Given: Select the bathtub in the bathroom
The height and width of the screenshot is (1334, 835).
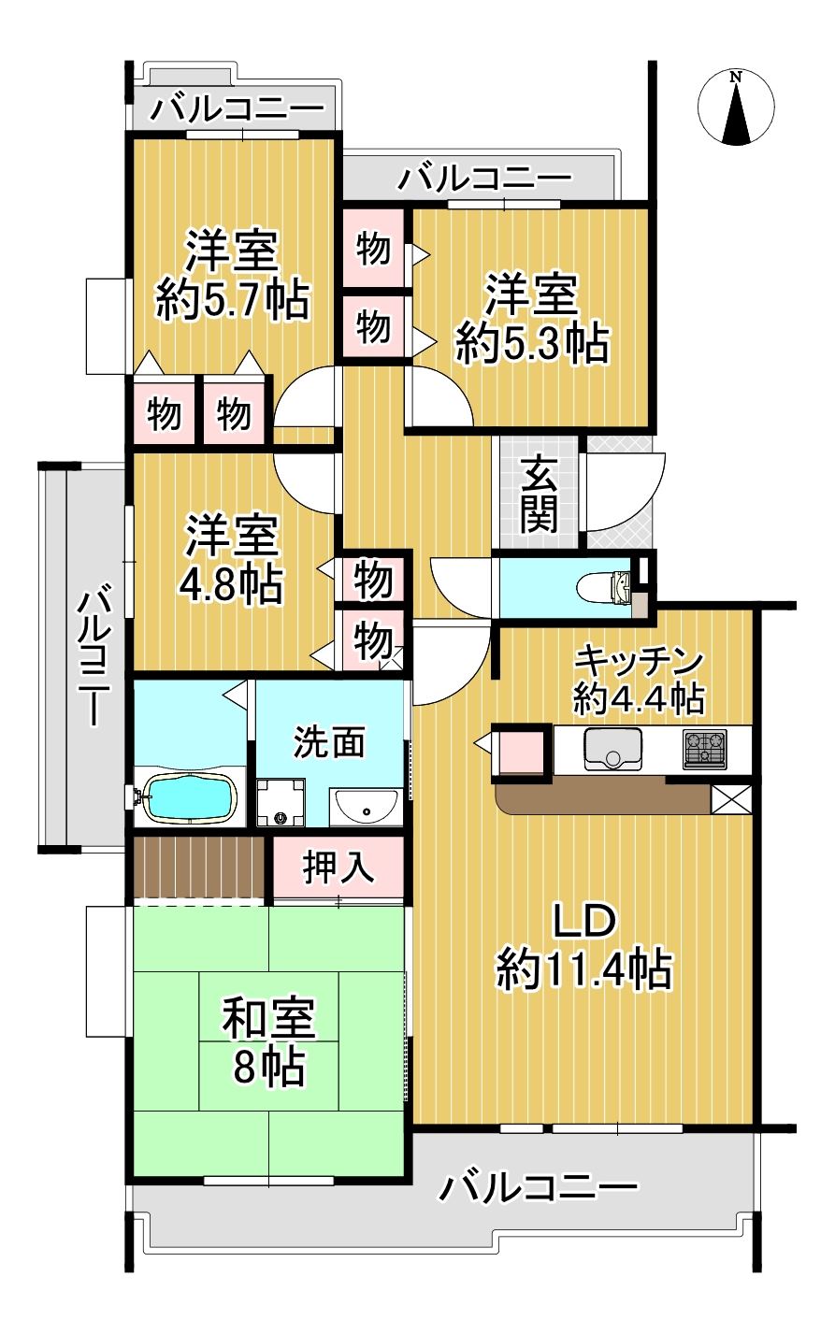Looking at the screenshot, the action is pyautogui.click(x=192, y=797).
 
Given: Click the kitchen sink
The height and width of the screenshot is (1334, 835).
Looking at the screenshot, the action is pyautogui.click(x=612, y=749).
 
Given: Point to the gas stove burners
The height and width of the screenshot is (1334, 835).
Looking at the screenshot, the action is pyautogui.click(x=705, y=749).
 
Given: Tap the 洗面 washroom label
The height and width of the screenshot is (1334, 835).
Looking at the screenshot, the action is pyautogui.click(x=329, y=742).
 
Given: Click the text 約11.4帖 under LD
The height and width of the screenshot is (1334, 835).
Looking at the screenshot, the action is pyautogui.click(x=584, y=969).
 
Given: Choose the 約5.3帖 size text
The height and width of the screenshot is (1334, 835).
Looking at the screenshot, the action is pyautogui.click(x=532, y=344).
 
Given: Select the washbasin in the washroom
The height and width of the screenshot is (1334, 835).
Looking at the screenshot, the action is pyautogui.click(x=367, y=808).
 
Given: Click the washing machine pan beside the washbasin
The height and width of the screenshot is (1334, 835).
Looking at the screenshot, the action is pyautogui.click(x=281, y=802).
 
